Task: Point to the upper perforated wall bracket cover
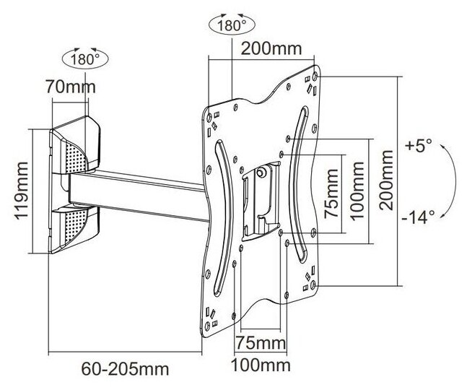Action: click(75, 147)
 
